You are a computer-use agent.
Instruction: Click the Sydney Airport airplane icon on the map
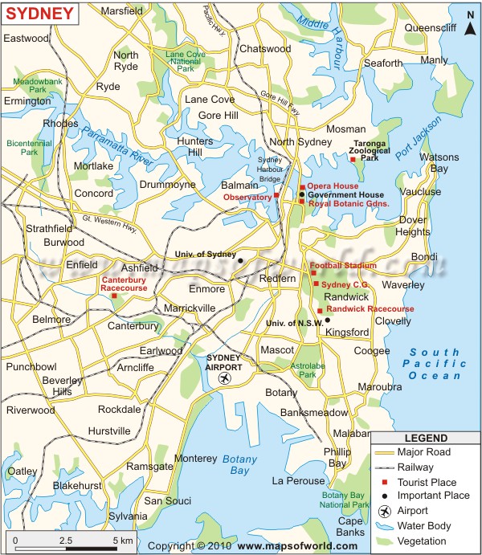point(224,377)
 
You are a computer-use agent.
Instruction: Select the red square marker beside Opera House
point(303,187)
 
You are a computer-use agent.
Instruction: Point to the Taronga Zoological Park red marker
point(353,159)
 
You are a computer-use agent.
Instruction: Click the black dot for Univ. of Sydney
point(239,259)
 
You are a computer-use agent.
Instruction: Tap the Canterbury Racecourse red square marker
point(114,296)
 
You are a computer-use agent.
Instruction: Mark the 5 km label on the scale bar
point(123,541)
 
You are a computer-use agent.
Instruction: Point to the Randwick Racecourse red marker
point(320,310)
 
